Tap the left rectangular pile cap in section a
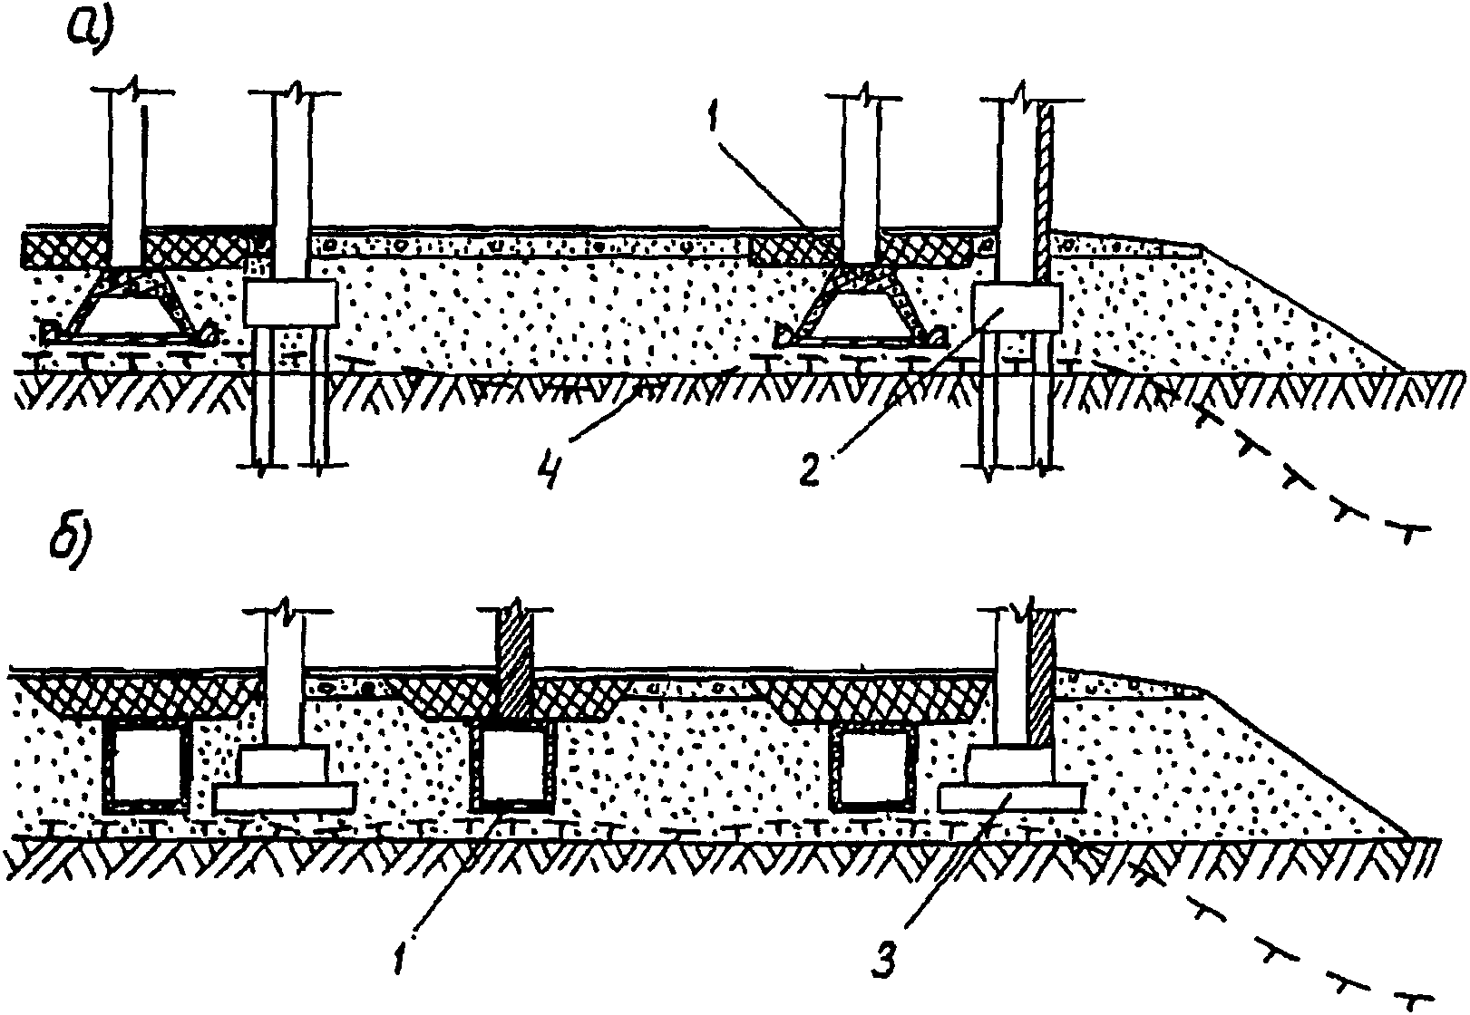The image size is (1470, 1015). (291, 302)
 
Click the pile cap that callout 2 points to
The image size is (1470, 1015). (1016, 306)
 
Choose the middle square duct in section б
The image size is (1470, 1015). (513, 768)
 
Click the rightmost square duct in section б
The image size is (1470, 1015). (874, 768)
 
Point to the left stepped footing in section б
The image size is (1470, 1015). (283, 782)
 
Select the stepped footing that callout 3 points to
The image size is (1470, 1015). (1010, 782)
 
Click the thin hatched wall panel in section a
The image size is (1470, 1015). (1044, 190)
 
